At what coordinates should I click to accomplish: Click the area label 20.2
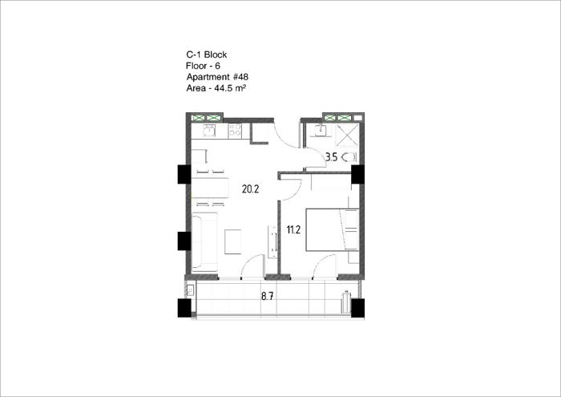point(250,188)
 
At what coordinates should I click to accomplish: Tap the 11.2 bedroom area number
point(293,229)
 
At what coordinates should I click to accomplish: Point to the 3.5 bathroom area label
point(331,157)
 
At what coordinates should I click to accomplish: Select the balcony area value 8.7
point(267,296)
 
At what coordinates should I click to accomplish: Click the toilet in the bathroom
point(349,157)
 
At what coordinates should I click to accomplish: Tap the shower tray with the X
point(347,135)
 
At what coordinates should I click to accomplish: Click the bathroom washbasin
point(321,130)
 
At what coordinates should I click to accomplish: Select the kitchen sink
point(209,130)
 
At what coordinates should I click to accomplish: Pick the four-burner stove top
point(235,130)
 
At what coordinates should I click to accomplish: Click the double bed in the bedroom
point(332,229)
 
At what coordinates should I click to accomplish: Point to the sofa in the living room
point(204,241)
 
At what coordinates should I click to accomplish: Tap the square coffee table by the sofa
point(233,241)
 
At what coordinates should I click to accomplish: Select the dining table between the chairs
point(210,188)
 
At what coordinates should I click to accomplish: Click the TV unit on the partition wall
point(272,241)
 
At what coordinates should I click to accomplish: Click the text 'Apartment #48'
point(217,77)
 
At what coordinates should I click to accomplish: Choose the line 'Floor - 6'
point(203,66)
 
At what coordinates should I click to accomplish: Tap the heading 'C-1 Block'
point(207,55)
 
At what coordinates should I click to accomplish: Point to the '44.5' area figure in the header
point(224,88)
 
